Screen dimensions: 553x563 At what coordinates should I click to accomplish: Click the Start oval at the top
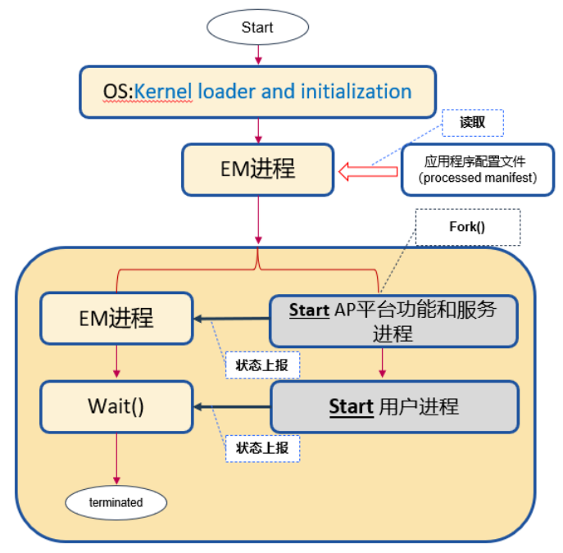257,27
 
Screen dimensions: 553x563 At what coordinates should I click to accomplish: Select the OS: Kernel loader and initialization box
257,91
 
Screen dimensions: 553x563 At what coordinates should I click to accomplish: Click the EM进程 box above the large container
257,170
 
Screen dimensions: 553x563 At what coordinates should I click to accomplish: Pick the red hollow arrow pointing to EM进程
367,172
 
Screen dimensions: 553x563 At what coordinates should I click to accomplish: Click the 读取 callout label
472,122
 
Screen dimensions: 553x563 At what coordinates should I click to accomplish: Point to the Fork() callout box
467,227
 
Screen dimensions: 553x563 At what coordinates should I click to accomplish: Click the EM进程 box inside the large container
116,318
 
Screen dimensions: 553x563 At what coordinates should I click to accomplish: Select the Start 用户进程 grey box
394,406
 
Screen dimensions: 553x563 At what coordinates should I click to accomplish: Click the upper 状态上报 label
261,365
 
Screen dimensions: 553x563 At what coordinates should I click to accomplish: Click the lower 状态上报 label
261,447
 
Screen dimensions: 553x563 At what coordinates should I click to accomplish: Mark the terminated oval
116,502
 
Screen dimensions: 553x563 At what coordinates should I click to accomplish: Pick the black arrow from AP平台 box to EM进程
232,319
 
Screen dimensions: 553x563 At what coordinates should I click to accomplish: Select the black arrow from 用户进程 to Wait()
232,406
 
